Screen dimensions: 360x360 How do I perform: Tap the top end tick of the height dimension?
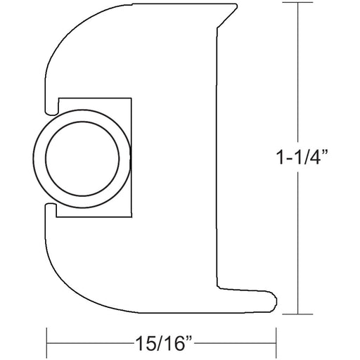pos(302,4)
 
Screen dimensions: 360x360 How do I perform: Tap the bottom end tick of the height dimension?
pos(302,314)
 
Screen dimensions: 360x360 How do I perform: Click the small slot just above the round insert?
pos(51,109)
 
